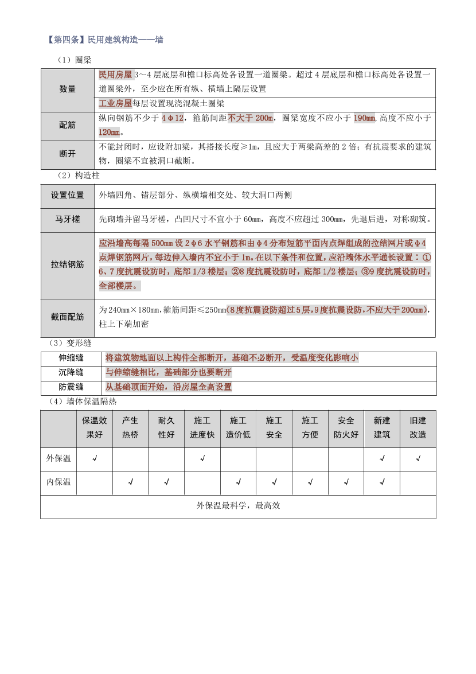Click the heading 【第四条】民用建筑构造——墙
[106, 40]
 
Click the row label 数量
[68, 89]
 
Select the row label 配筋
[68, 125]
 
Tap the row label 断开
[68, 154]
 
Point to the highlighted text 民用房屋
[115, 75]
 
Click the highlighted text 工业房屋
[115, 103]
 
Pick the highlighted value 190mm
[364, 118]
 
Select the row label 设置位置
[68, 195]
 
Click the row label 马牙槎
[68, 219]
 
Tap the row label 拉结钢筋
[68, 264]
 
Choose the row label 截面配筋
[68, 317]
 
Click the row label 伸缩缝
[71, 358]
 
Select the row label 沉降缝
[71, 372]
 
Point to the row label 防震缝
[71, 387]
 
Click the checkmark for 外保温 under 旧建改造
[418, 458]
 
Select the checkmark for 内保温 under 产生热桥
[130, 482]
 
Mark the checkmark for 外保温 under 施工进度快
[202, 458]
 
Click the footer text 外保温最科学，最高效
[238, 505]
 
